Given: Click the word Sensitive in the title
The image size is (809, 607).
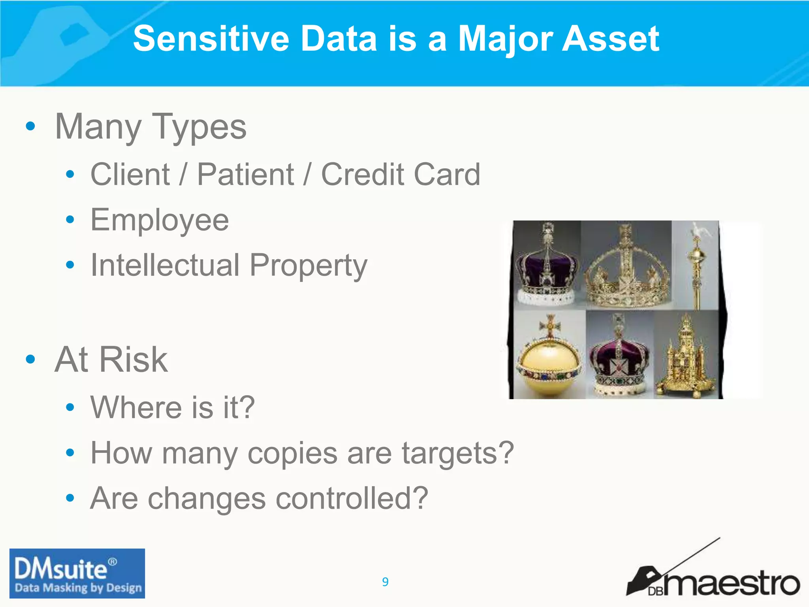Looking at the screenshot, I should [x=211, y=38].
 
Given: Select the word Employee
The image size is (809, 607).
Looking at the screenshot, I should [x=160, y=220].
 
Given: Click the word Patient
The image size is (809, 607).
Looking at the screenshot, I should [x=245, y=174].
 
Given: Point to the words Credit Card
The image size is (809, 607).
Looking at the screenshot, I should [x=401, y=174].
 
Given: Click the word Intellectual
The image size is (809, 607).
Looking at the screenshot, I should [x=165, y=265].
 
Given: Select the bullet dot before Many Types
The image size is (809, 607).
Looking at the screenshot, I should [x=30, y=126].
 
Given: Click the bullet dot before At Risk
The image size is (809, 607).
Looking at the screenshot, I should [x=30, y=359].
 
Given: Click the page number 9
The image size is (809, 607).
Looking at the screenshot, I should [x=385, y=582].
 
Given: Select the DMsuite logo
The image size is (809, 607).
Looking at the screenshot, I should [x=77, y=573].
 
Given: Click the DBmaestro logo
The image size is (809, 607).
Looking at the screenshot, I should [x=713, y=577].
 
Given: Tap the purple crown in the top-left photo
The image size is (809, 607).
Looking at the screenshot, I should [x=547, y=269].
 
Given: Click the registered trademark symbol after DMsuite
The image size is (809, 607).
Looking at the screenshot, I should [x=113, y=562].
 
